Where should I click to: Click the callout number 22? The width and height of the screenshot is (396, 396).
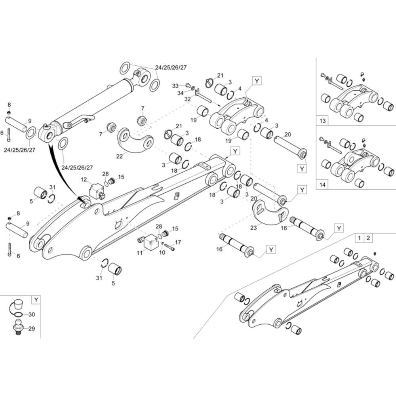tap(120, 156)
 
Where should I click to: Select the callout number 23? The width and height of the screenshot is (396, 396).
tap(253, 228)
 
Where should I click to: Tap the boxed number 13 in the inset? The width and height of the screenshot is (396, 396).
tap(323, 120)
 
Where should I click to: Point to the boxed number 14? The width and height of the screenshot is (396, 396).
tap(323, 185)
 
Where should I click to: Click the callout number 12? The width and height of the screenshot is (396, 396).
tap(84, 179)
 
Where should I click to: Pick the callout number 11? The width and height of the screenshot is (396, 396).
tap(140, 253)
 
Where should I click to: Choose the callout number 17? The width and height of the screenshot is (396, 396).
tap(178, 242)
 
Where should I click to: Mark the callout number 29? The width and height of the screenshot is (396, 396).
tap(32, 329)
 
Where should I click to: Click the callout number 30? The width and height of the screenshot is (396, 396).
tap(32, 315)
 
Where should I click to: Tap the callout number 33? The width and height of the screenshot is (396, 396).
tap(175, 86)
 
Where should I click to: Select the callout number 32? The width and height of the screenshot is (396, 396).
tap(187, 99)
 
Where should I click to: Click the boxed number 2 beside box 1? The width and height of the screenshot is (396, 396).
tap(368, 238)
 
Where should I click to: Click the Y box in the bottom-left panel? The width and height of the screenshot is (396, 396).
tap(36, 300)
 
